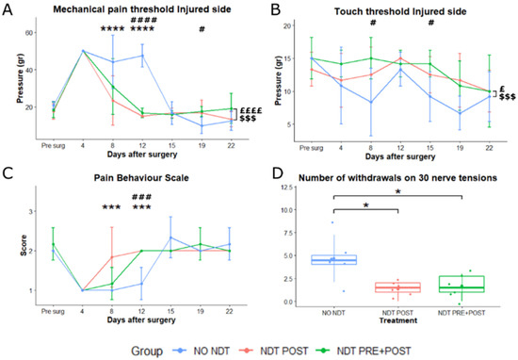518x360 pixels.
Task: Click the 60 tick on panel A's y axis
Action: (28, 31)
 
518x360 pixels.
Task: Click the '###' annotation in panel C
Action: (143, 197)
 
